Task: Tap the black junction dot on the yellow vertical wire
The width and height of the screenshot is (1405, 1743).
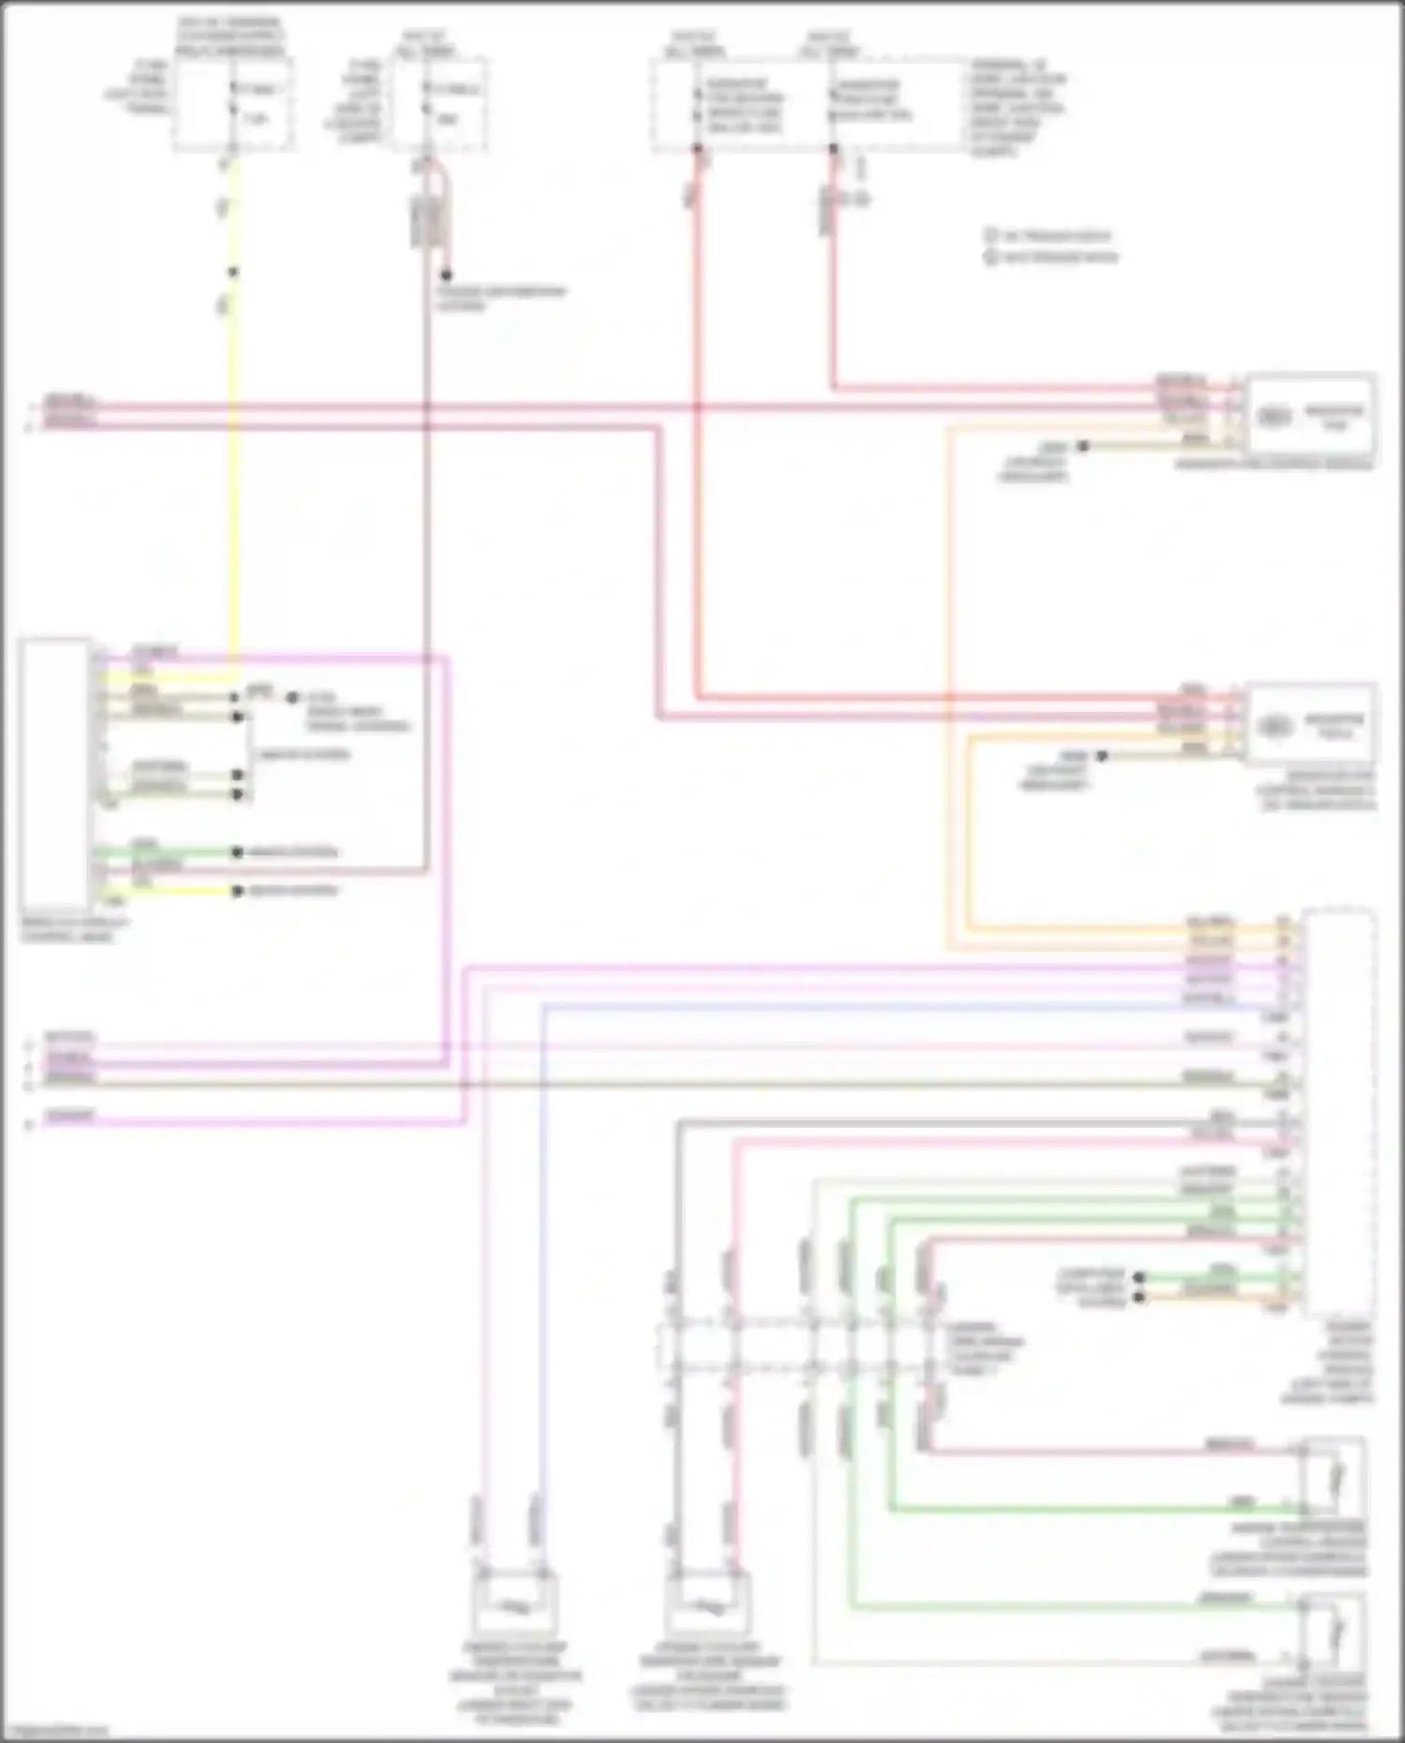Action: tap(233, 273)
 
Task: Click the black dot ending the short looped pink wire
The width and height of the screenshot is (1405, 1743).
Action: tap(447, 275)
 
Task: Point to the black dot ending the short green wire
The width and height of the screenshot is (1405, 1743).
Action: tap(238, 852)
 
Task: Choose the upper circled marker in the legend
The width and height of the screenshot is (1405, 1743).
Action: tap(991, 236)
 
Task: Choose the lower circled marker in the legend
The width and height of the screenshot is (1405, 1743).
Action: tap(991, 257)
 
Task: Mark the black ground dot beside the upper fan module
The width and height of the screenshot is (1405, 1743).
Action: tap(1083, 447)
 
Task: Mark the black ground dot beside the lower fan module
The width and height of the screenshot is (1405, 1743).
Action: tap(1102, 756)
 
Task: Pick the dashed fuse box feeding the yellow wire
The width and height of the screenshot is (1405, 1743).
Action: tap(232, 103)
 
